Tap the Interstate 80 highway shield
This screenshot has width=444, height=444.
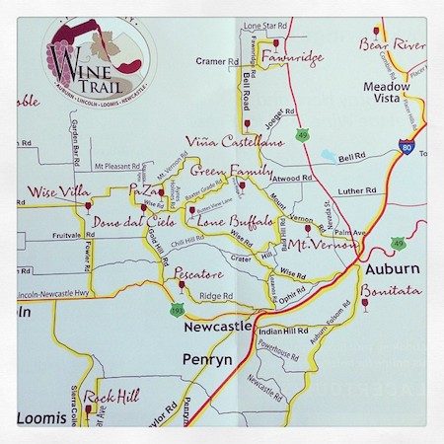[407, 147]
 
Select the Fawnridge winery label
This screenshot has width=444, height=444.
[292, 58]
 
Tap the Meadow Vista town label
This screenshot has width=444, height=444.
[386, 94]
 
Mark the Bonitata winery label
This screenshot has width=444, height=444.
[391, 291]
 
